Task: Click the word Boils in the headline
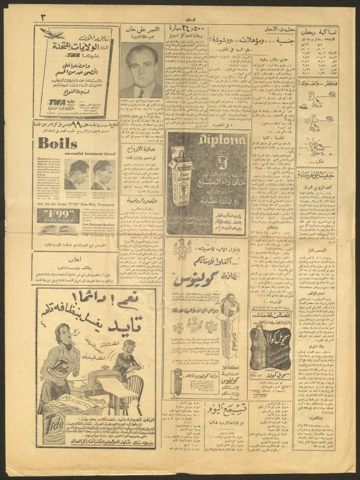point(57,143)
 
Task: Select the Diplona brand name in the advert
point(208,140)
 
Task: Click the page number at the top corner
point(44,16)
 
